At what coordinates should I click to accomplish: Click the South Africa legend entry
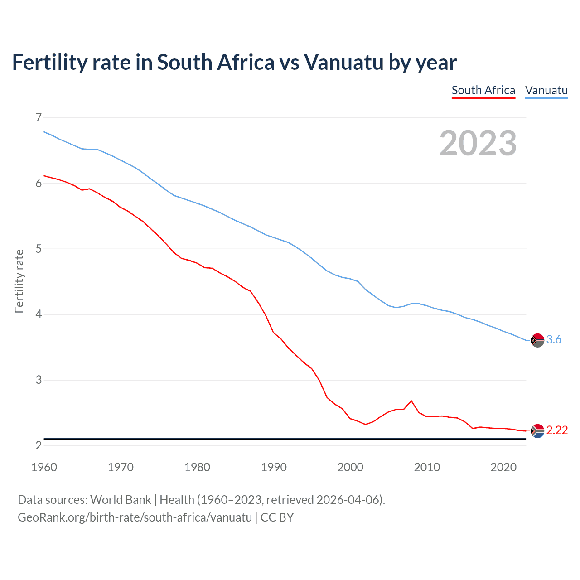[x=483, y=90]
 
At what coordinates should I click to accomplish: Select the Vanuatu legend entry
[x=546, y=90]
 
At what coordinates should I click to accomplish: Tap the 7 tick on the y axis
[x=39, y=118]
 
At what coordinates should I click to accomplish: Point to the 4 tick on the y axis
[x=39, y=314]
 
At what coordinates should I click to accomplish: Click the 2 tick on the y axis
[x=39, y=445]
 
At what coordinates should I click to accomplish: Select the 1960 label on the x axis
[x=44, y=467]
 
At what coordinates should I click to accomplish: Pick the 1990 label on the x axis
[x=274, y=467]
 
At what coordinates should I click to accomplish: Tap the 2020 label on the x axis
[x=503, y=467]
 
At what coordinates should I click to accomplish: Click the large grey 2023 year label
[x=478, y=143]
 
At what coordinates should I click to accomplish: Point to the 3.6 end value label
[x=554, y=339]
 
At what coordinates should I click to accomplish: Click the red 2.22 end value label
[x=557, y=430]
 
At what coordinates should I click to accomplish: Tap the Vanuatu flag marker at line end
[x=537, y=340]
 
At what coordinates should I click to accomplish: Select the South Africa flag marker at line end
[x=537, y=430]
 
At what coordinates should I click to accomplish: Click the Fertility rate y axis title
[x=19, y=281]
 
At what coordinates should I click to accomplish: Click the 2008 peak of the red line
[x=411, y=401]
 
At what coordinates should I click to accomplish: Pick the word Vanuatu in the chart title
[x=344, y=62]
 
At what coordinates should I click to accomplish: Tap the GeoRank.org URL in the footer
[x=135, y=517]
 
